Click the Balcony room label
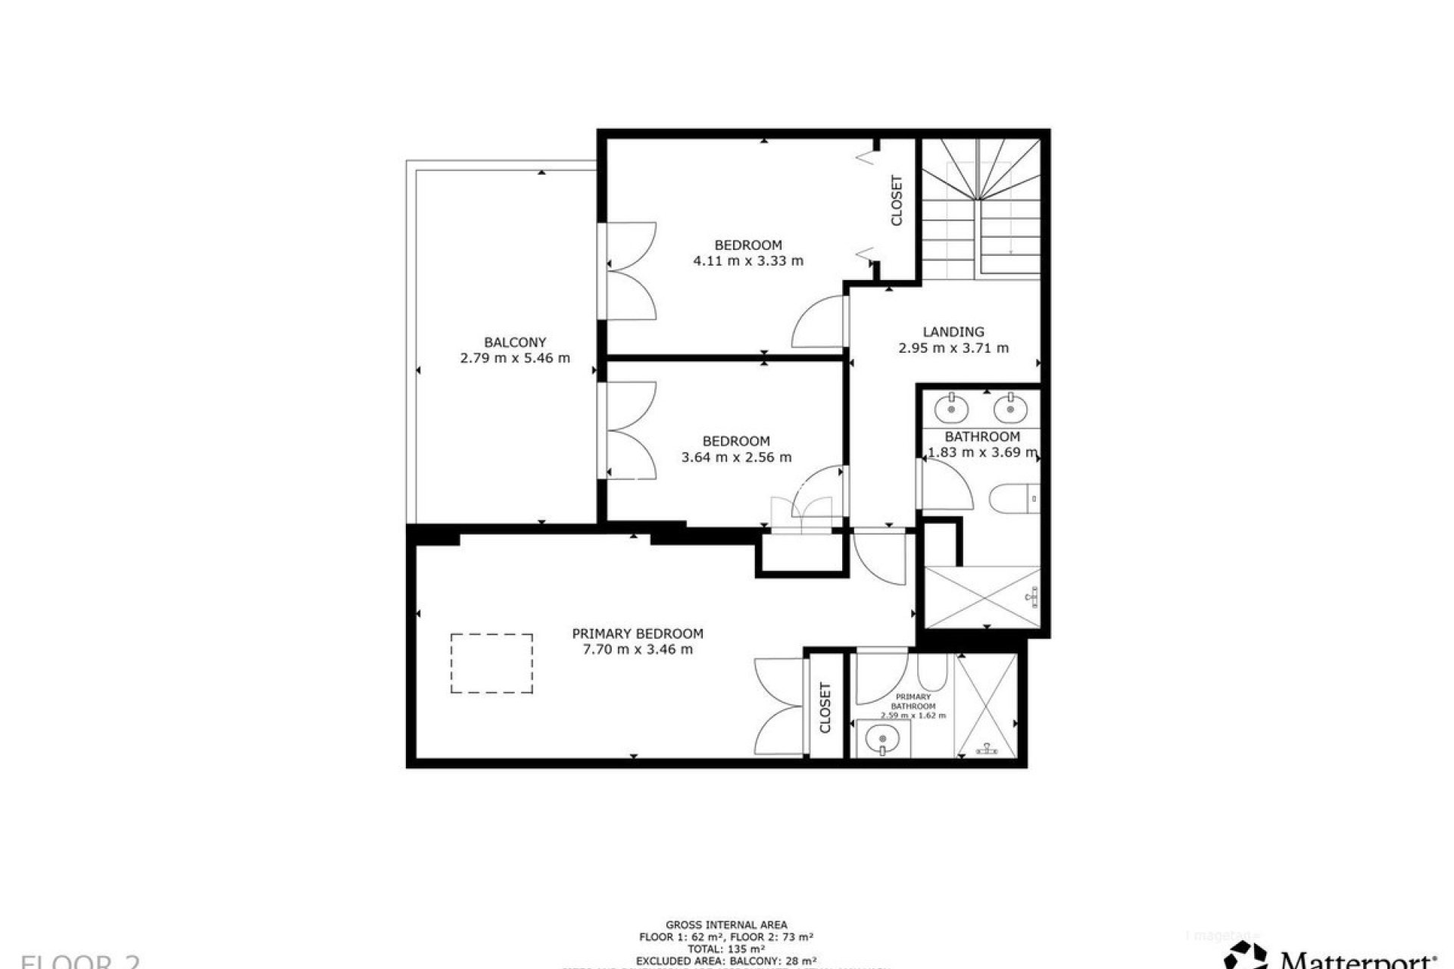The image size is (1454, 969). tap(515, 342)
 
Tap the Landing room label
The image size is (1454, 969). tap(953, 332)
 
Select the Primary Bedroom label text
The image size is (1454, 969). tap(638, 634)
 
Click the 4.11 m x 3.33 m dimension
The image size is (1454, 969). tap(748, 261)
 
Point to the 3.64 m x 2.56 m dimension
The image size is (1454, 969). tap(737, 457)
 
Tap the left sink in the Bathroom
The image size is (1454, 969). tap(951, 410)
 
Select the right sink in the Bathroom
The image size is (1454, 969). tap(1009, 410)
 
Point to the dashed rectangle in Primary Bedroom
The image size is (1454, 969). tap(491, 663)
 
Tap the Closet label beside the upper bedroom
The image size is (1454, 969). tap(897, 201)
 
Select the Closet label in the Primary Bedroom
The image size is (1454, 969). tap(825, 708)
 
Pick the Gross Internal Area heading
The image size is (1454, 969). tap(726, 924)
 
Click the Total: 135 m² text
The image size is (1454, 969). tap(726, 949)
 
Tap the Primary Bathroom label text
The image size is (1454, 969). tap(913, 701)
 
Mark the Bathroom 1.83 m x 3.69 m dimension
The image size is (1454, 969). tap(983, 453)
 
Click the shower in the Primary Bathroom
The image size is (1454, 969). tap(986, 706)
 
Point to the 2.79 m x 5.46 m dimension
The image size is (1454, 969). tap(515, 359)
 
